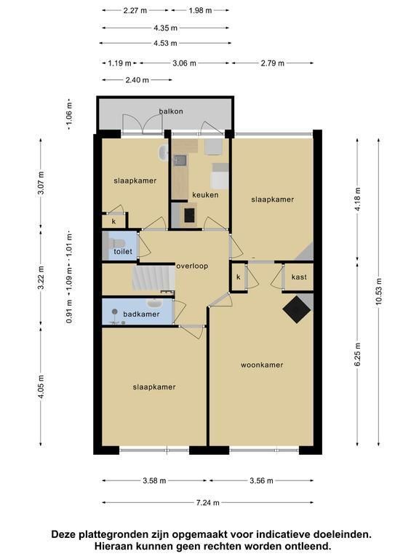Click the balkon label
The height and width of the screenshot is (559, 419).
[x=171, y=111]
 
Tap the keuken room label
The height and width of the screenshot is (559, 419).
[x=205, y=195]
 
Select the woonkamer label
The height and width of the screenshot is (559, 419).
[x=262, y=365]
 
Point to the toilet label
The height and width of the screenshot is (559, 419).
[x=123, y=251]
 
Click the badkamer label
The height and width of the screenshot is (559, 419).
[x=141, y=314]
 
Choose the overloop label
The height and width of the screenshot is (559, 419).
[x=192, y=266]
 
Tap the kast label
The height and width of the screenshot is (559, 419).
[x=299, y=277]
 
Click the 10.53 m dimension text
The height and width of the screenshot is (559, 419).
[x=378, y=291]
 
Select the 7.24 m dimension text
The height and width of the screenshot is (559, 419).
[x=208, y=503]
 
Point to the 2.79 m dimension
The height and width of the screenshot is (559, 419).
[x=273, y=63]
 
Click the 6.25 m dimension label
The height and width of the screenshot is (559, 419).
[x=358, y=354]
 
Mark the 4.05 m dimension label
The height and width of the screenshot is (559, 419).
[x=41, y=387]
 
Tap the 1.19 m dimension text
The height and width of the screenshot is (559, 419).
[x=120, y=63]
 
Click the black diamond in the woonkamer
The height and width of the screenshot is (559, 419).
[x=297, y=309]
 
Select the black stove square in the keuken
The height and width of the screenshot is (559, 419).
[x=190, y=215]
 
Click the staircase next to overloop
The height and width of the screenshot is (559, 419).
[x=153, y=279]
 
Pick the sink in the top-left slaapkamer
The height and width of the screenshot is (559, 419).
[x=163, y=154]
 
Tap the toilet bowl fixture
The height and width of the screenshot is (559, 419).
[x=113, y=244]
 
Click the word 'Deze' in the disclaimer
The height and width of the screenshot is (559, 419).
[x=64, y=534]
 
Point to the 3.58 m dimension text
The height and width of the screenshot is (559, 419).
[x=155, y=480]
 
